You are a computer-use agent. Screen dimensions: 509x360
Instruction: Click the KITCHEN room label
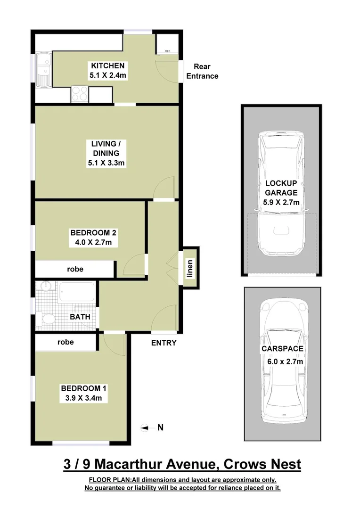coord(108,66)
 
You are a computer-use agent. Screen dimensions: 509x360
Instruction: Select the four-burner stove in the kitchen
coord(79,93)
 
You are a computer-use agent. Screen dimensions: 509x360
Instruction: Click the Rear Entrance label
coord(202,71)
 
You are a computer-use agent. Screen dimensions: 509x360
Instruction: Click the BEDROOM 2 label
coord(93,232)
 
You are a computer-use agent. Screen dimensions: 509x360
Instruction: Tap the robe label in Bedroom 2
coord(75,269)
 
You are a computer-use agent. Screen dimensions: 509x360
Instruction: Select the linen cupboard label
coord(190,268)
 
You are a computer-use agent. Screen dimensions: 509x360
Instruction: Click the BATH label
coord(80,317)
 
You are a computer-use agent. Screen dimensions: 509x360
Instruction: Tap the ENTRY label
coord(164,343)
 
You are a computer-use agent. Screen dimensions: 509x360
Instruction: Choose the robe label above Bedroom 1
coord(65,342)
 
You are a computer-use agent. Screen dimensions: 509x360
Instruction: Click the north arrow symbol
coord(146,427)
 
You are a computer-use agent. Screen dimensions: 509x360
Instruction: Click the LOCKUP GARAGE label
coord(281,188)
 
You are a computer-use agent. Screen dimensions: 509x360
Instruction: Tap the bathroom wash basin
coord(46,287)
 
